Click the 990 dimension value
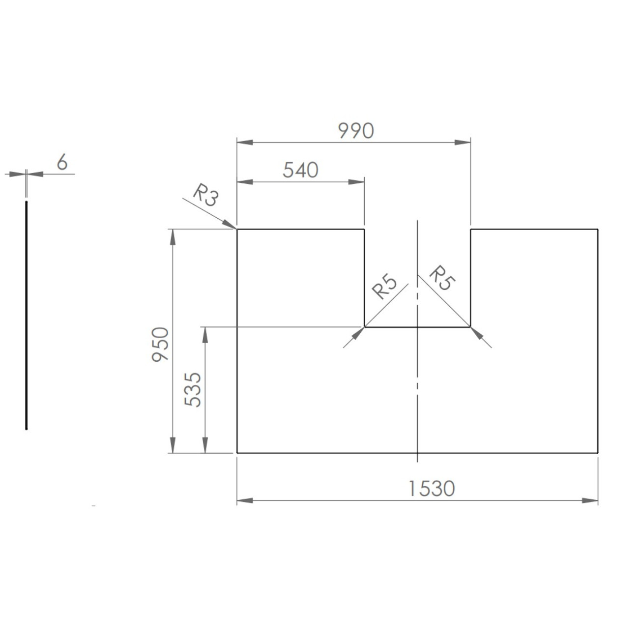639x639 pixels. click(x=356, y=131)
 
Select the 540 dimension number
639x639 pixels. click(x=300, y=170)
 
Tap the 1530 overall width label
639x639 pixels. click(x=432, y=489)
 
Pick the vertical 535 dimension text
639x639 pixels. click(x=193, y=390)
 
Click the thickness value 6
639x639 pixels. click(x=62, y=163)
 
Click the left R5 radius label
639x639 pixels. click(x=384, y=287)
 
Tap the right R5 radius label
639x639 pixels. click(x=442, y=278)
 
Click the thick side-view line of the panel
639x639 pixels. click(x=26, y=315)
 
